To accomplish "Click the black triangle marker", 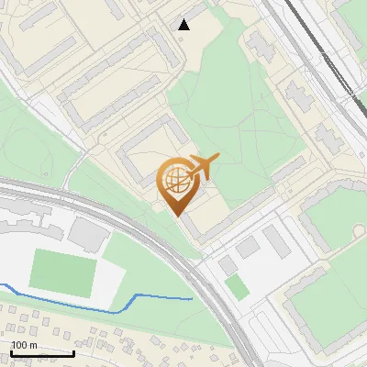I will tap(184, 25).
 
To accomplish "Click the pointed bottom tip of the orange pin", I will tap(178, 215).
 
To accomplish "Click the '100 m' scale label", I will tap(24, 345).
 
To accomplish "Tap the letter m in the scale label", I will tap(34, 345).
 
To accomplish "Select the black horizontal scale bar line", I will tap(42, 353).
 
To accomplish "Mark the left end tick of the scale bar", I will tap(11, 351).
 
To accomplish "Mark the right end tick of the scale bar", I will tap(73, 351).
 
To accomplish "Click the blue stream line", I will tap(138, 297).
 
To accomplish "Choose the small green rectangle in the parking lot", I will tap(237, 286).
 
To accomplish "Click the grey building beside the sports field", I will tap(88, 234).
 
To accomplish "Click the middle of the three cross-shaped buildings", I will tap(302, 95).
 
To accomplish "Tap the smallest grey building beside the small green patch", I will tap(226, 266).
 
